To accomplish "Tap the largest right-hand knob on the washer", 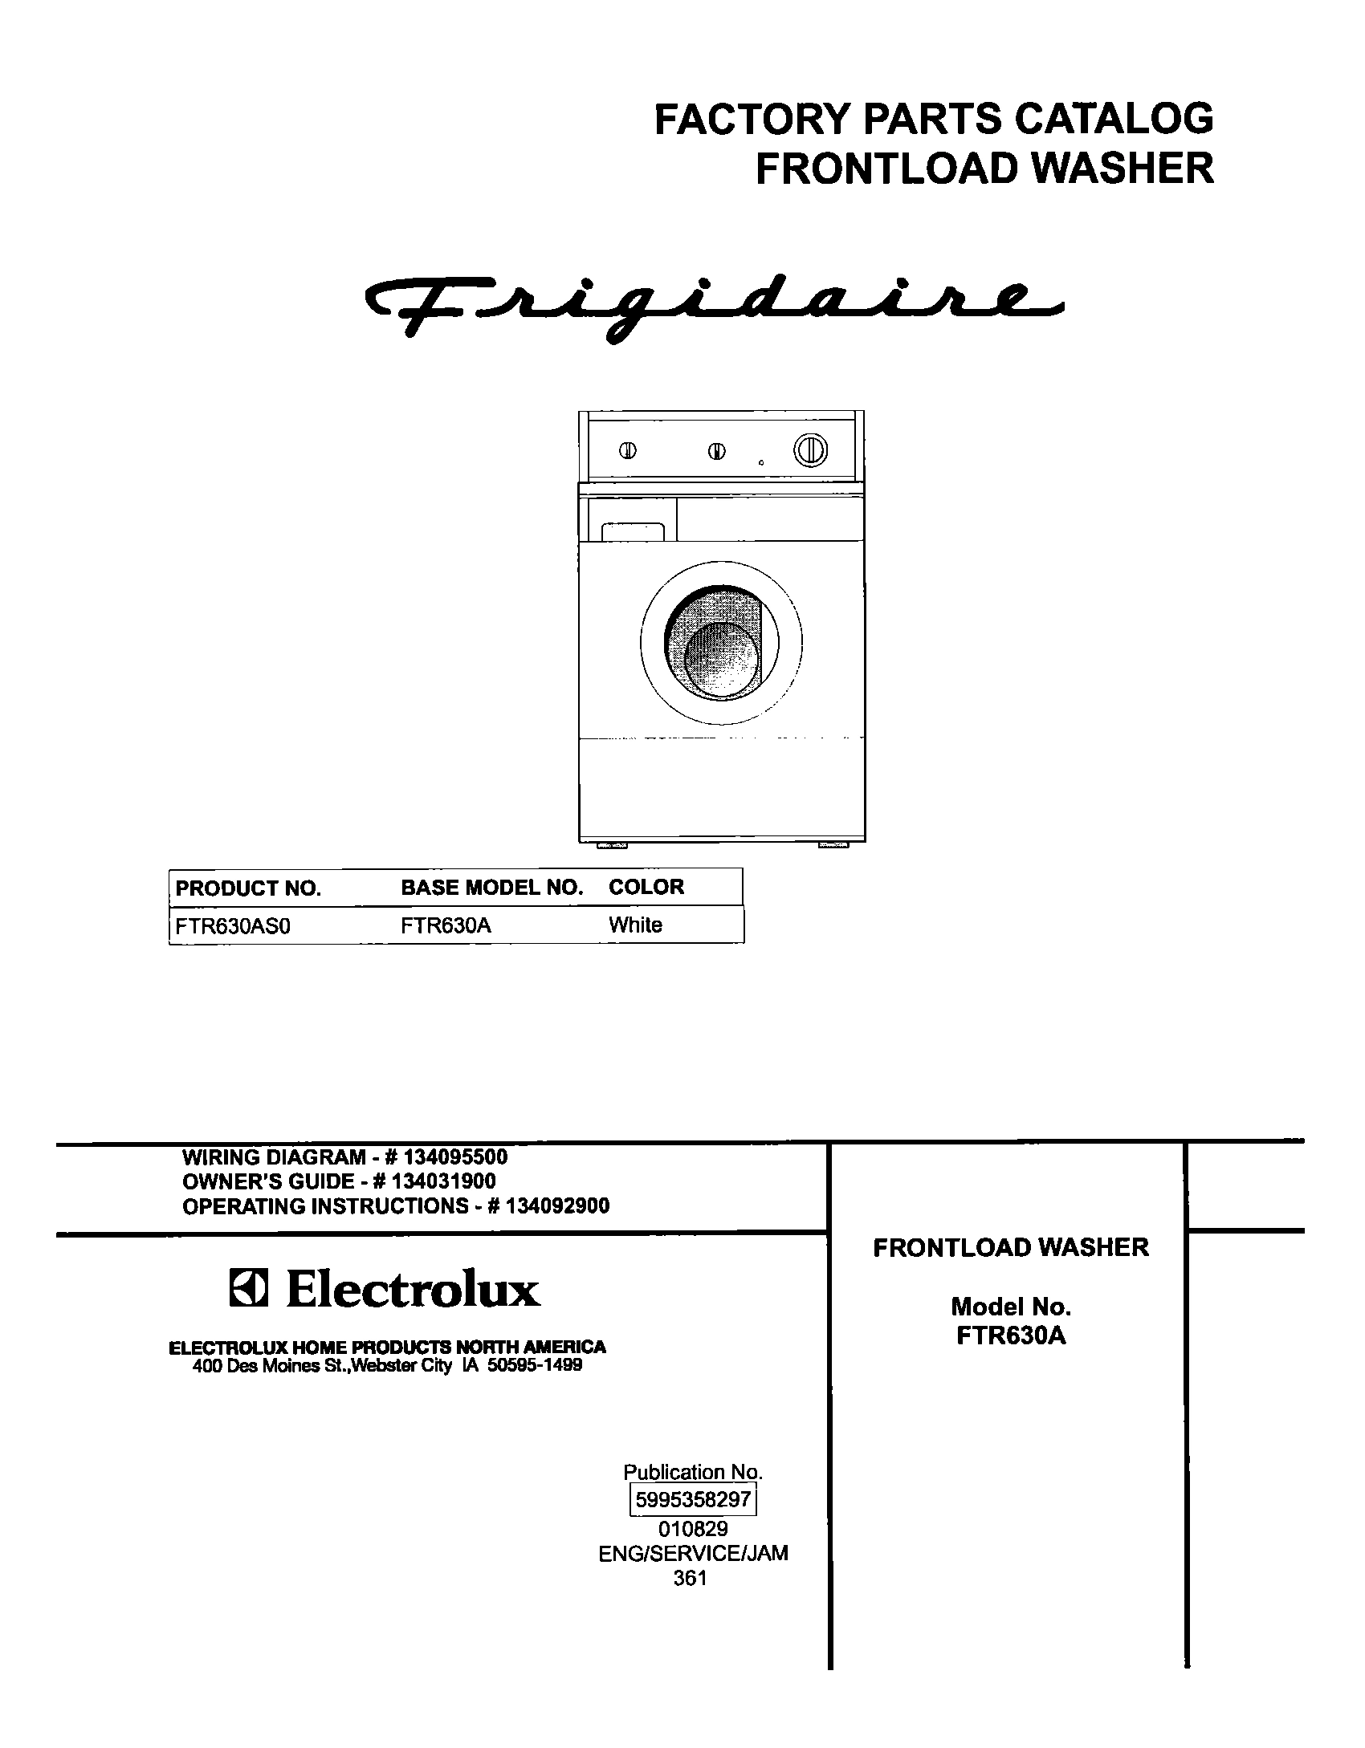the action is [x=810, y=449].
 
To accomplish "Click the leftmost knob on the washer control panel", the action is [x=628, y=450].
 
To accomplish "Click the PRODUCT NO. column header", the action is [x=248, y=888].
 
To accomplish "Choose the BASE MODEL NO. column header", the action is [x=491, y=888].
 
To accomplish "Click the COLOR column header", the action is [x=646, y=887].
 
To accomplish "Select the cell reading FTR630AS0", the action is [x=233, y=926].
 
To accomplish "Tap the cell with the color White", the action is [x=635, y=925].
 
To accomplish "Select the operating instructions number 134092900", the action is [x=558, y=1205].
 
